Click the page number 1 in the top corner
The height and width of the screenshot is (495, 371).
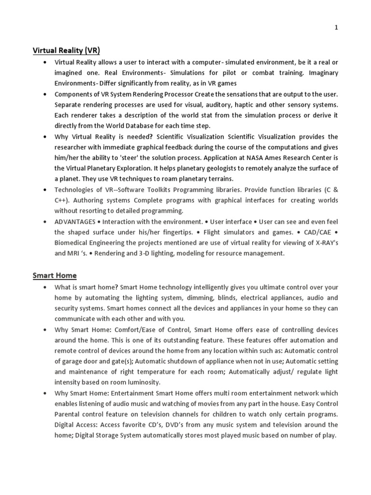[x=336, y=28]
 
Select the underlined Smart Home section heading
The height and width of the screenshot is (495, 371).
[x=55, y=276]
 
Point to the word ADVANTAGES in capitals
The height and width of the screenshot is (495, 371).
[x=75, y=221]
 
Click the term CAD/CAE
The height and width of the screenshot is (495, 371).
[x=320, y=232]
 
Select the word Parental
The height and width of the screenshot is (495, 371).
[x=69, y=414]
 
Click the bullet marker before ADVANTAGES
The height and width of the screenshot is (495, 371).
[x=45, y=221]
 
